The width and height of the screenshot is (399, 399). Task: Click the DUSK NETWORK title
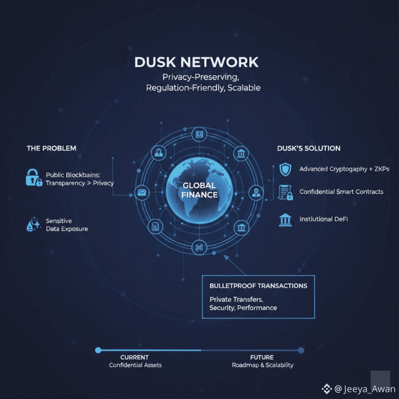[196, 62]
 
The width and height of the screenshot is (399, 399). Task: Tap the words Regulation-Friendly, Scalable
[203, 88]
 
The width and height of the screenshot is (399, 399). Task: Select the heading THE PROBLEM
[51, 148]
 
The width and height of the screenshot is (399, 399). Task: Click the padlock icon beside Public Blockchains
[34, 177]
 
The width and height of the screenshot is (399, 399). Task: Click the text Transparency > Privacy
[80, 183]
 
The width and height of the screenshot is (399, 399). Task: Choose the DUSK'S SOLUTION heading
[309, 148]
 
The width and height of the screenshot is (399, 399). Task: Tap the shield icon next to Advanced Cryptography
[285, 169]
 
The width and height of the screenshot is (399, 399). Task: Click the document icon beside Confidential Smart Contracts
[285, 192]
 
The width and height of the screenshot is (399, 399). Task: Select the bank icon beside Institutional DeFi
[285, 220]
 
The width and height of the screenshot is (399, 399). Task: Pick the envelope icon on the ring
[141, 192]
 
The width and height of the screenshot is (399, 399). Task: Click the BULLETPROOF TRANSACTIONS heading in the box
[258, 286]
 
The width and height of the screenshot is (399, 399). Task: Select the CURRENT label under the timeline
[134, 357]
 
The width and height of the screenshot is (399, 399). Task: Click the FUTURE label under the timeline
[262, 357]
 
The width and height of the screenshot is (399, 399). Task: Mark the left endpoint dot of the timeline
[98, 350]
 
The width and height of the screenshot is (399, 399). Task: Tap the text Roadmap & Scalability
[263, 365]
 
